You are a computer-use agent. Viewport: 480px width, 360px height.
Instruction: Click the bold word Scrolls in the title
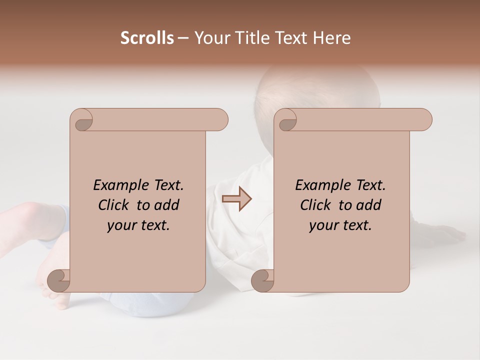(x=147, y=38)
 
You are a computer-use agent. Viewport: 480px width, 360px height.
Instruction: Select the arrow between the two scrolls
(x=236, y=199)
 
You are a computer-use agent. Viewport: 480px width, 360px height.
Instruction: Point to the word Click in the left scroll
(x=114, y=205)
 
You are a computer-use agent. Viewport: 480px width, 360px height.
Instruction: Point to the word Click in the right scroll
(x=316, y=205)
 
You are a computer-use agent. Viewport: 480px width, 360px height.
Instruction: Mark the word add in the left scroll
(x=167, y=205)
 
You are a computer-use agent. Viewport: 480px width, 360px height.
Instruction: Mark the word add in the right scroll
(x=369, y=205)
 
